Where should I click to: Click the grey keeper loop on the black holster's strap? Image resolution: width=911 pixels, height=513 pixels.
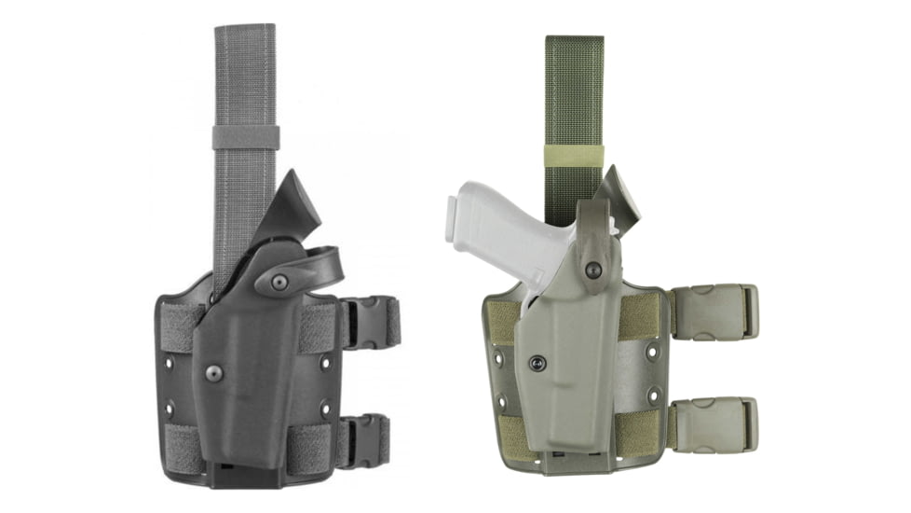[245, 137]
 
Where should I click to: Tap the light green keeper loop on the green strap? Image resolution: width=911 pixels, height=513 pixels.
[574, 155]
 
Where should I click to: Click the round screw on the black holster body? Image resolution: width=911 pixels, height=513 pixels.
[214, 373]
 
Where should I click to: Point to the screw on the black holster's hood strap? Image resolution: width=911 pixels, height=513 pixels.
[279, 283]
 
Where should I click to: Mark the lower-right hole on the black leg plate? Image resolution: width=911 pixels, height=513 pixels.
[325, 408]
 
